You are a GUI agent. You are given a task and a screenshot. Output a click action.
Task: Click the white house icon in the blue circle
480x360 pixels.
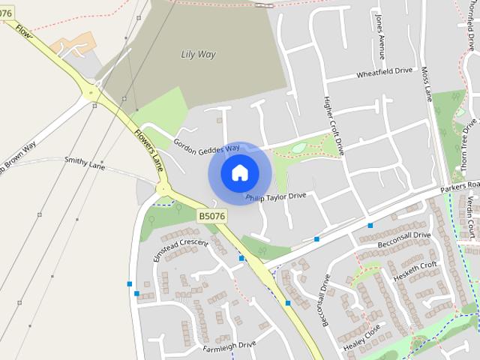[239, 173]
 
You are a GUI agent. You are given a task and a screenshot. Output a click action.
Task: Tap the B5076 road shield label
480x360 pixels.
[212, 216]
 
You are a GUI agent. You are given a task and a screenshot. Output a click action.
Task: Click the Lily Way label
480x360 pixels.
[198, 54]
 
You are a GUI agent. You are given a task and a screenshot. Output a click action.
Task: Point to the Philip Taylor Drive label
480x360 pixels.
[277, 196]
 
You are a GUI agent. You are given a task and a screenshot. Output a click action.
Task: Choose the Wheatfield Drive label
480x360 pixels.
[385, 73]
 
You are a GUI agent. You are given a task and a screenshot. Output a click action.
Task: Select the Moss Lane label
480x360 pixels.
[427, 83]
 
